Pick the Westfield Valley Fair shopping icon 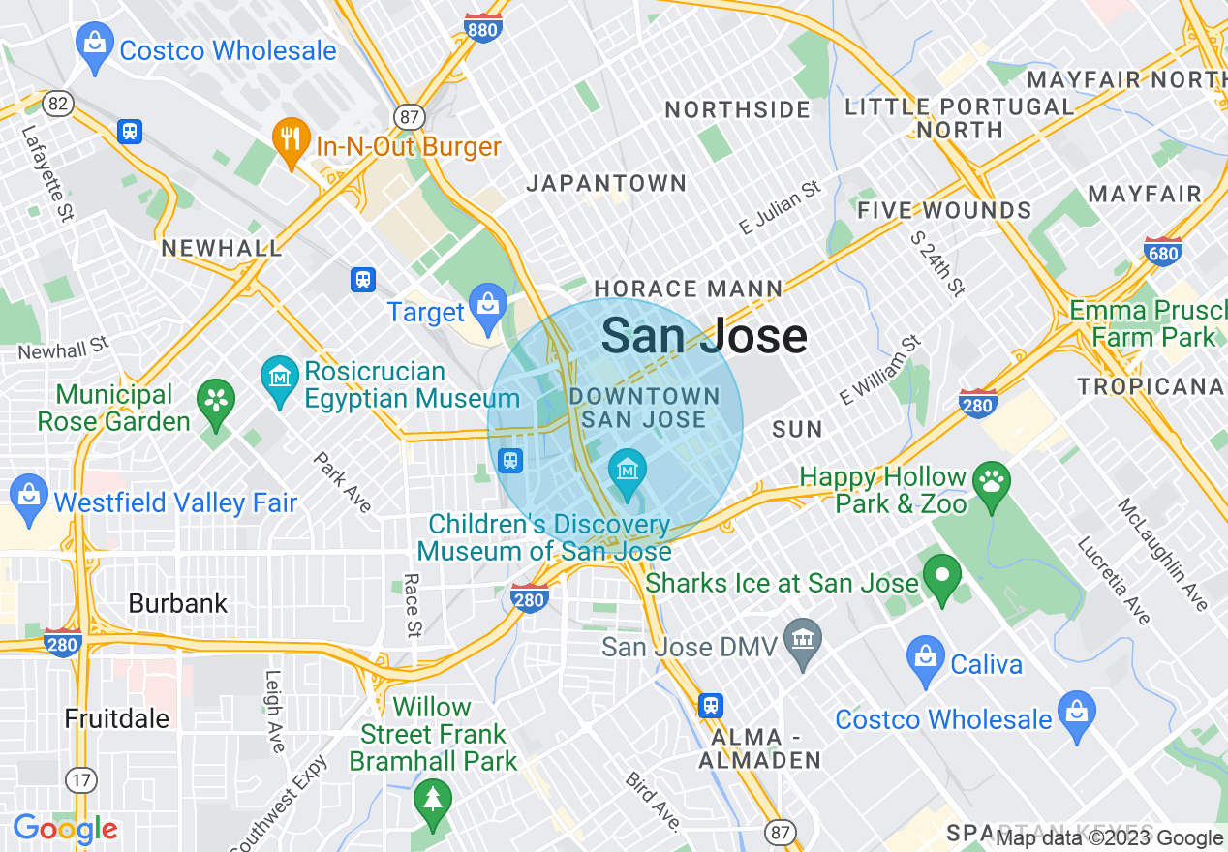click(x=29, y=495)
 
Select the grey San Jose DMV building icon click(x=802, y=641)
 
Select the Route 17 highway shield click(x=81, y=778)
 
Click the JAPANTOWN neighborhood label click(x=606, y=183)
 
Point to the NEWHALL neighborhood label click(x=222, y=248)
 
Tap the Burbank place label click(x=178, y=603)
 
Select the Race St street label click(x=414, y=605)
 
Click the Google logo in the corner click(x=65, y=830)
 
